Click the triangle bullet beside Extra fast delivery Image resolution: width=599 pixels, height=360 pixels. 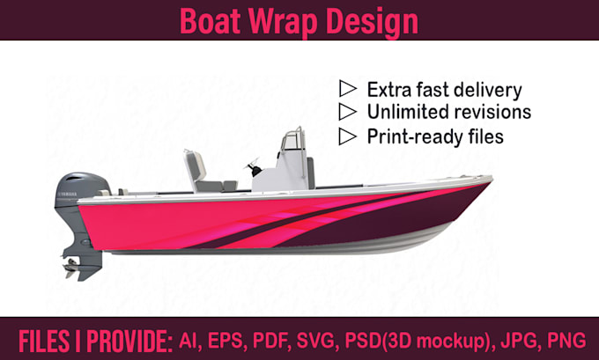348,89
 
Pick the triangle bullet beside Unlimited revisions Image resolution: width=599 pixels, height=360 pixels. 348,112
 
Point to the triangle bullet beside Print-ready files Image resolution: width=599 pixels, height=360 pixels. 348,136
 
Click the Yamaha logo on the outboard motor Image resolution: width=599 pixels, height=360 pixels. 67,195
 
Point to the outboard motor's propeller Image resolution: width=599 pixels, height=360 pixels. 70,268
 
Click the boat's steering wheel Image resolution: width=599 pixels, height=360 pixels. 253,166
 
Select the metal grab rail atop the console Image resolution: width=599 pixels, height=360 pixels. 293,141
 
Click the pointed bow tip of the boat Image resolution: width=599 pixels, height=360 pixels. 492,180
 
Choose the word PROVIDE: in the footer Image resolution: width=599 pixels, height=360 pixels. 129,342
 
